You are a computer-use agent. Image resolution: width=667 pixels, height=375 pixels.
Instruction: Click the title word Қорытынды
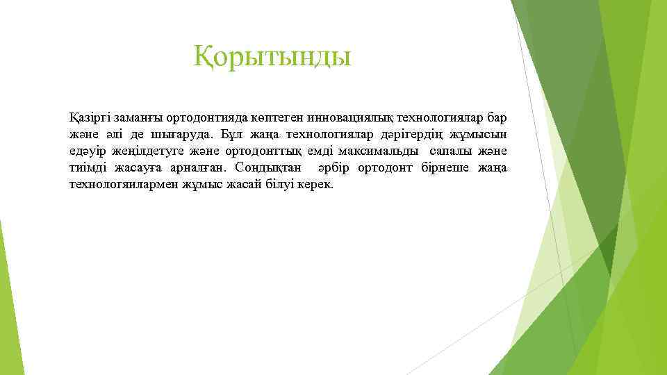(272, 56)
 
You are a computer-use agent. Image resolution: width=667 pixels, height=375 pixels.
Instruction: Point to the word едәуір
(88, 151)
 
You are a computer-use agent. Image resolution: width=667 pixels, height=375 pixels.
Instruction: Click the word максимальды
(378, 151)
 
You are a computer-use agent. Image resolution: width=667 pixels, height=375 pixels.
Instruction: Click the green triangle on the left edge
(7, 299)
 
